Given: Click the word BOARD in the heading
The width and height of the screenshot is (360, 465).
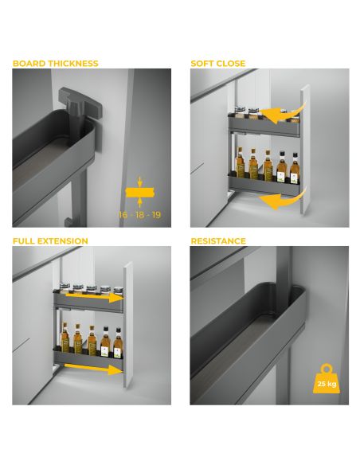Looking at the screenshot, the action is pyautogui.click(x=29, y=64).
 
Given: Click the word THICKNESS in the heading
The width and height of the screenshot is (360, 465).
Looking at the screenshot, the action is pyautogui.click(x=73, y=64).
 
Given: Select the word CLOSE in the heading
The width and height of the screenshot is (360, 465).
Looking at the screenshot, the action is pyautogui.click(x=231, y=64).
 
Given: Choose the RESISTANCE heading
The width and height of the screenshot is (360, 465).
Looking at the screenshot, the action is pyautogui.click(x=218, y=240).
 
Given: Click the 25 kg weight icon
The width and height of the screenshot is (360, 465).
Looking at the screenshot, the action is pyautogui.click(x=327, y=379).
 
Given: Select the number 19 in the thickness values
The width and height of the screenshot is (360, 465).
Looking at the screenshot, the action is pyautogui.click(x=156, y=214).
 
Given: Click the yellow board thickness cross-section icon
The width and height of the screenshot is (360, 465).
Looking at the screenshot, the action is pyautogui.click(x=140, y=192).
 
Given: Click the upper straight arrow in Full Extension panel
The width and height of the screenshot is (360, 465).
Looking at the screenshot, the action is pyautogui.click(x=94, y=297).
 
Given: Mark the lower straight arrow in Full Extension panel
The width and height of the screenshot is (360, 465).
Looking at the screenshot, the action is pyautogui.click(x=93, y=369).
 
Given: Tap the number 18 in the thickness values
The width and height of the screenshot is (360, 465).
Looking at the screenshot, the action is pyautogui.click(x=139, y=214).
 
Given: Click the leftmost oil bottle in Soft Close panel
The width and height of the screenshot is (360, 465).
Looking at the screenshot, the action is pyautogui.click(x=240, y=163).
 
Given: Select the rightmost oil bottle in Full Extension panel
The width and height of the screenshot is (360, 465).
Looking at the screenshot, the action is pyautogui.click(x=118, y=343).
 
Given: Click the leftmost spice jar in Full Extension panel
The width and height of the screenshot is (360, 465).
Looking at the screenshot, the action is pyautogui.click(x=65, y=287).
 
